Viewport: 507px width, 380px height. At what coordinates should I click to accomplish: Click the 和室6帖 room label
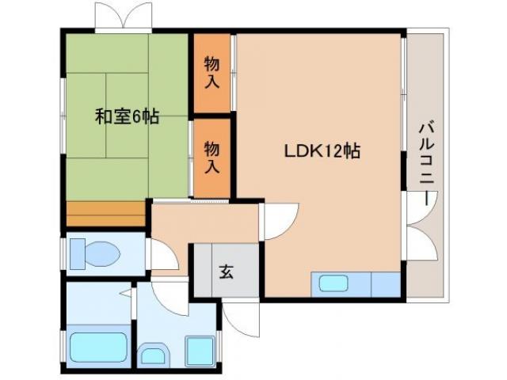(x=127, y=117)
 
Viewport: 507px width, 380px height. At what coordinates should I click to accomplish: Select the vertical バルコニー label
(x=427, y=162)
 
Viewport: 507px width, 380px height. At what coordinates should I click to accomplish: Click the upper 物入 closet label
(x=212, y=71)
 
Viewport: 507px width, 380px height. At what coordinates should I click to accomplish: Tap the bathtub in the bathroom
(x=99, y=348)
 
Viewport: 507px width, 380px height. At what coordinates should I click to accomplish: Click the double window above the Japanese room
(x=123, y=15)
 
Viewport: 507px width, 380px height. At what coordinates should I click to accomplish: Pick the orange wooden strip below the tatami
(x=106, y=214)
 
